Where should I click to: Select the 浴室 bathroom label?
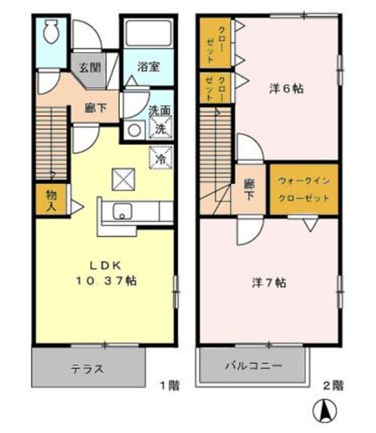point(146,67)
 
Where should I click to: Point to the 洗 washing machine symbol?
point(161,127)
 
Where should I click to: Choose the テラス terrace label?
point(87,369)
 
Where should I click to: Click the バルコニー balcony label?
point(254,365)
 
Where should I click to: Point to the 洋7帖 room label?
point(268,283)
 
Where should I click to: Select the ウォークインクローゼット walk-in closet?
point(303,190)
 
